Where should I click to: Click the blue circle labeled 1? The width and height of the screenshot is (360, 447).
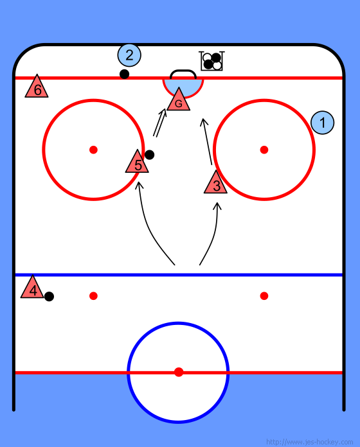(x=322, y=123)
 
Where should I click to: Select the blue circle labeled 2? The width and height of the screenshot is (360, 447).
(x=129, y=55)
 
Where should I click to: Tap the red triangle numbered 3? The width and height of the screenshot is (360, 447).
(x=215, y=183)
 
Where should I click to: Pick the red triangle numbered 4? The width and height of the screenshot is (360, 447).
(x=32, y=288)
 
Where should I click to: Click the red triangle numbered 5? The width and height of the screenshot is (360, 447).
(x=137, y=162)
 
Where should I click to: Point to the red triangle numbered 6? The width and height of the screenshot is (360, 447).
(x=37, y=87)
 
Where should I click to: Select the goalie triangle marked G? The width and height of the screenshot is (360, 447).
(x=179, y=100)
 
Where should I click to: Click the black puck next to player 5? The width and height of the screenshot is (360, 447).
(x=150, y=155)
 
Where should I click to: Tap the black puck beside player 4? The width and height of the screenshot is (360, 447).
(x=49, y=297)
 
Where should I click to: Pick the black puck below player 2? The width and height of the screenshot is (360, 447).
(x=124, y=74)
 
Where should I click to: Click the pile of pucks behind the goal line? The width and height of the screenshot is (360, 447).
(x=212, y=61)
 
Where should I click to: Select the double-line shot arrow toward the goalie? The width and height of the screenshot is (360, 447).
(x=159, y=123)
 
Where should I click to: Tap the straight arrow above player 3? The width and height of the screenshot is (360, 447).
(x=206, y=141)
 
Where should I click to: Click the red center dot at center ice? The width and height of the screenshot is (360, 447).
(x=179, y=372)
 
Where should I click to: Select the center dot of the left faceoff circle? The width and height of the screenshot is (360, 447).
(x=94, y=150)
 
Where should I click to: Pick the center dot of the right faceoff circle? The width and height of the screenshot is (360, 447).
(x=264, y=150)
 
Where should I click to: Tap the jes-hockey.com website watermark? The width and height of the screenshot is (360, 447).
(x=309, y=442)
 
